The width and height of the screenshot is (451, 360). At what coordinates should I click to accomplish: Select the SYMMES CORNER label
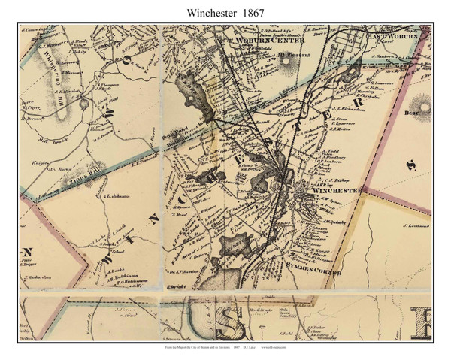pyautogui.click(x=311, y=268)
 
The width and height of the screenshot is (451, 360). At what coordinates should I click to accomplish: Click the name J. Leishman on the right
pyautogui.click(x=414, y=225)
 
